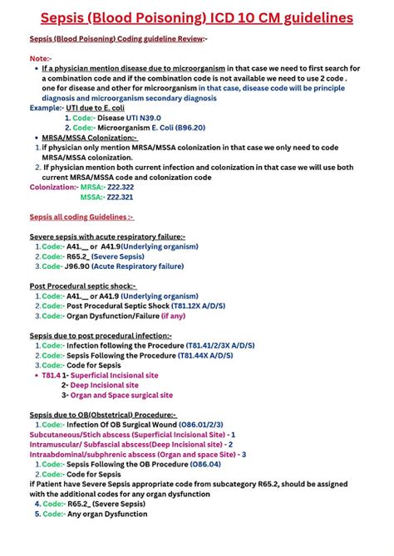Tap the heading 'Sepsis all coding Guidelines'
(x=81, y=217)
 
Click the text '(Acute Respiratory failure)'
(x=136, y=266)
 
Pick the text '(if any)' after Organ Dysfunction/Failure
(x=172, y=315)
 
